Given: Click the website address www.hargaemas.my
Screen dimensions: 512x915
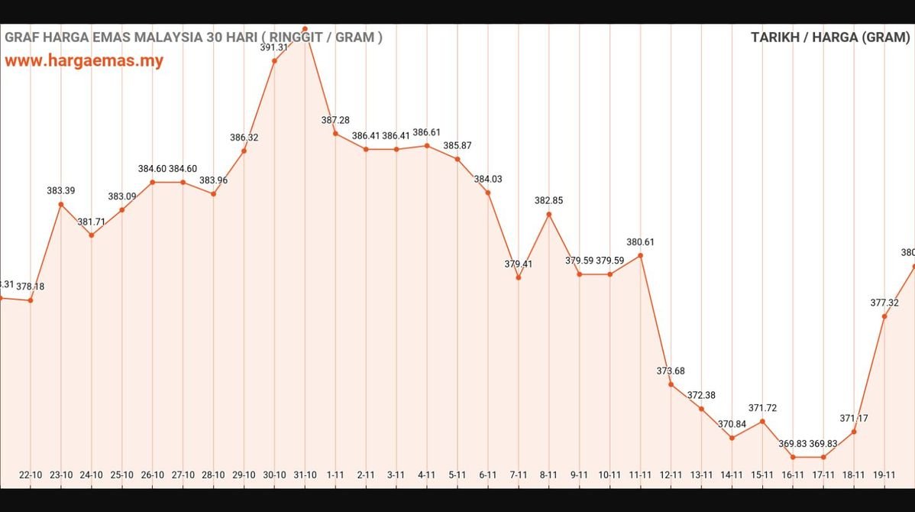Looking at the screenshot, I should [x=84, y=61].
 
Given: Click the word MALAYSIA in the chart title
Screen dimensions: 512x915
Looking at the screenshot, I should [x=160, y=37].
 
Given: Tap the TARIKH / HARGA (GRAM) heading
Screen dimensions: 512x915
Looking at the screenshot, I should [x=830, y=37].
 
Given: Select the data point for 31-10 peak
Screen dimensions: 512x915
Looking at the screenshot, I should [x=305, y=29].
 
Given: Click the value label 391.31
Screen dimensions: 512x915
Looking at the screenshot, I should [x=274, y=47].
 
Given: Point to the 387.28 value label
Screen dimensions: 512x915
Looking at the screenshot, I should [x=335, y=120].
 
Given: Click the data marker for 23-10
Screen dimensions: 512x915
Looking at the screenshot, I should [x=61, y=204].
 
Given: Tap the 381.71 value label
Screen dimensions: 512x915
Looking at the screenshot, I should [x=92, y=222].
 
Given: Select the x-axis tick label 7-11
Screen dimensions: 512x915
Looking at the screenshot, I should [x=519, y=475].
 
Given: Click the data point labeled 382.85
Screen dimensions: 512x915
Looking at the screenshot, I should [x=549, y=214].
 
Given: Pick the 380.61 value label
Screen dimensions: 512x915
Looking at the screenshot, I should [x=640, y=242].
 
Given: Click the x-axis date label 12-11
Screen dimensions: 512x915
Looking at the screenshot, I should [x=671, y=475].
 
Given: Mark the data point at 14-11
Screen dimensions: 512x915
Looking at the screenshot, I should [x=732, y=438].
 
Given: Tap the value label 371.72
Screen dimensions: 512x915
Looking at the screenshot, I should [x=762, y=408].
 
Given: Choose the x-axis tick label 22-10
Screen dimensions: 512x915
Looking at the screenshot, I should [x=31, y=475].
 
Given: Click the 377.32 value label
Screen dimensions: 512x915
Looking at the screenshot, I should [x=884, y=303].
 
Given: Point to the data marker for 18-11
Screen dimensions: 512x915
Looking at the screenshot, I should [x=854, y=432].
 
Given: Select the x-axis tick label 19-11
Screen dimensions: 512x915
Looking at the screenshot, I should [x=884, y=475].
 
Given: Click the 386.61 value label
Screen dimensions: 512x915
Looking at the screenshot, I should [x=427, y=132].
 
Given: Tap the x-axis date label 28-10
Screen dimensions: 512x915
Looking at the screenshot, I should [x=213, y=475].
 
